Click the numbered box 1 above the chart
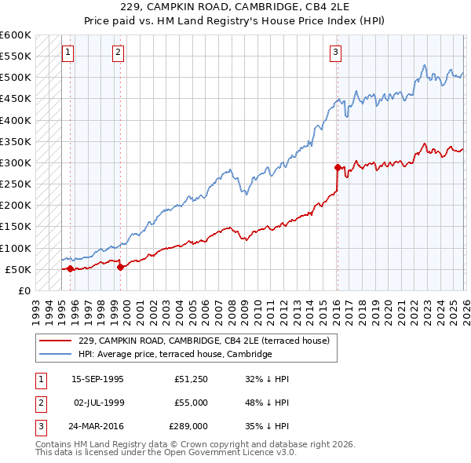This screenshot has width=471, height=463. (68, 53)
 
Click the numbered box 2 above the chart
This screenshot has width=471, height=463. (118, 53)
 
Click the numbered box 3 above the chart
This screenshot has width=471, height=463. (335, 53)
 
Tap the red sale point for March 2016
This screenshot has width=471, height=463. (338, 167)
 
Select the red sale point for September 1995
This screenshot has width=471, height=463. (71, 268)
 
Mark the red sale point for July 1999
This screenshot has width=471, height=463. (120, 267)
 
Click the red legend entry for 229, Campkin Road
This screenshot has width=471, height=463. (207, 341)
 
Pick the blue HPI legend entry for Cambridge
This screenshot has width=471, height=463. (174, 354)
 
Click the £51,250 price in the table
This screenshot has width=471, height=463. (191, 378)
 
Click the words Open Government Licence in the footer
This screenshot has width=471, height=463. (210, 452)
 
